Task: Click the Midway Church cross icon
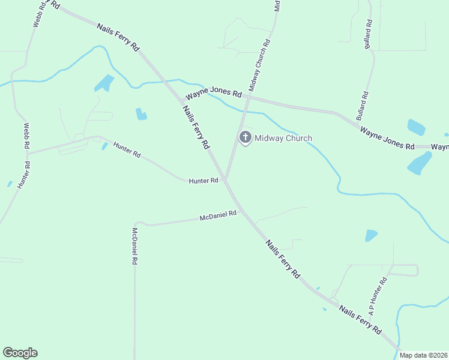pos(245,137)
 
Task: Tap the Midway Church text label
pos(283,139)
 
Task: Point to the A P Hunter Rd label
pos(378,296)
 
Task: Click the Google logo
pos(20,353)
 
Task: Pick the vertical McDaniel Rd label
pos(136,247)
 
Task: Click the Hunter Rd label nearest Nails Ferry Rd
pos(203,180)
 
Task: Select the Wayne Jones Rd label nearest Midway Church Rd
pos(213,95)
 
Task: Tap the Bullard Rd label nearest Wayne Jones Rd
pos(362,106)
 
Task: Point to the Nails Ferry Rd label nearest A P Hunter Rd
pos(360,319)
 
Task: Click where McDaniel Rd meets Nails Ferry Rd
pos(241,212)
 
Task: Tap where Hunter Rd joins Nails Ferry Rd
pos(225,179)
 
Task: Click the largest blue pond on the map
pos(420,163)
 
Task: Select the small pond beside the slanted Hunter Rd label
pos(105,146)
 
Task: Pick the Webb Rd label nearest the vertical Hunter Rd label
pos(26,136)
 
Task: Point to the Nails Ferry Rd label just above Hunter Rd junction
pos(196,127)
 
